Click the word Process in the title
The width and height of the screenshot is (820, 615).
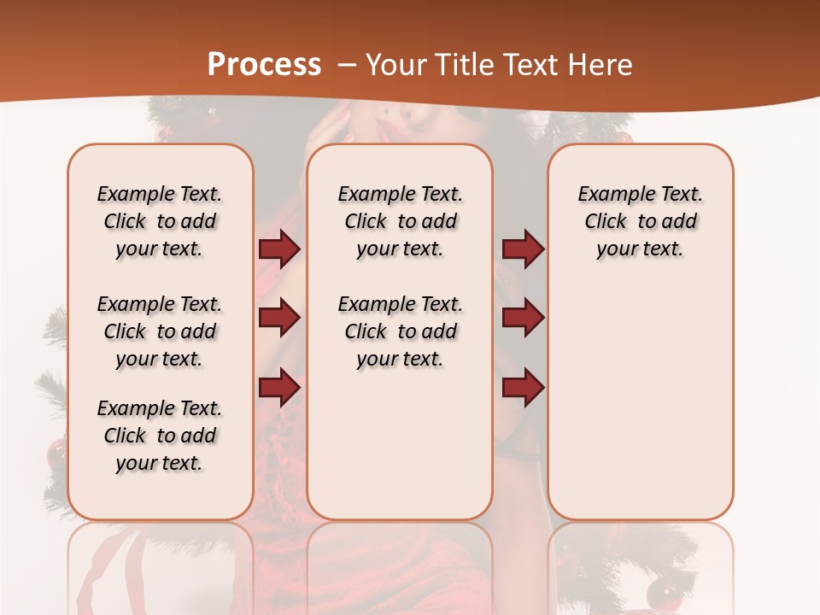point(264,64)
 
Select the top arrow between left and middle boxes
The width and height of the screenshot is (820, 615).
point(279,249)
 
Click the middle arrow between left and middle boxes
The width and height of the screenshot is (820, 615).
point(279,319)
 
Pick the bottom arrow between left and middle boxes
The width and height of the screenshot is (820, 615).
point(279,388)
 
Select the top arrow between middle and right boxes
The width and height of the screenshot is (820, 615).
point(523,249)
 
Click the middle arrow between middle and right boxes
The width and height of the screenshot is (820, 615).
point(523,319)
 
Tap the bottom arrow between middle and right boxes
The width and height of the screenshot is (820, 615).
point(523,388)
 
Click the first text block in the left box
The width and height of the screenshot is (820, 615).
point(160,221)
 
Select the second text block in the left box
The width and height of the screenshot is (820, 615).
point(160,331)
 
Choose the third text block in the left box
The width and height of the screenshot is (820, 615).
point(160,436)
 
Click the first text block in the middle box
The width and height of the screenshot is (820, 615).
point(401,221)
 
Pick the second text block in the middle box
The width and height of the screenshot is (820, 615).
point(401,331)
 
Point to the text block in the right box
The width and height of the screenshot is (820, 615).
point(641,221)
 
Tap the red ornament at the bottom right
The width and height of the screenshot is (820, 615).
point(661,592)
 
